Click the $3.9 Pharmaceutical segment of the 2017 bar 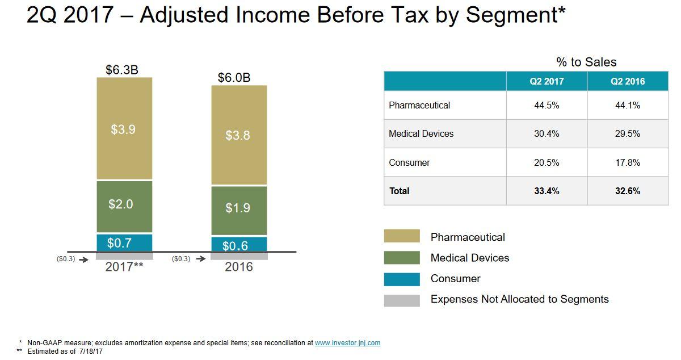(x=124, y=129)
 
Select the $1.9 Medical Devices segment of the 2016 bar (x=238, y=209)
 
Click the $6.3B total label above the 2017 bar (x=122, y=70)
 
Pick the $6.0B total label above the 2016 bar (x=234, y=78)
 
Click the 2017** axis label (x=124, y=266)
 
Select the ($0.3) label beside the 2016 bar (x=180, y=259)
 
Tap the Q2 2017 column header (x=547, y=81)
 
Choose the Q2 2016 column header (x=628, y=81)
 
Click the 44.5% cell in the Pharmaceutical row (x=547, y=105)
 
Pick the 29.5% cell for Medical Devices (x=628, y=133)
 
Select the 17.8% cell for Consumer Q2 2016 (x=628, y=162)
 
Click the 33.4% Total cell (x=547, y=191)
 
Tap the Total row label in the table (x=400, y=191)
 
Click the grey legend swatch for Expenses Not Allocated (x=402, y=300)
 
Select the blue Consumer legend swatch (x=402, y=279)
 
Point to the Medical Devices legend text (x=470, y=258)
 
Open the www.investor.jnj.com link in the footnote (x=347, y=343)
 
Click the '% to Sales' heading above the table (x=586, y=62)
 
